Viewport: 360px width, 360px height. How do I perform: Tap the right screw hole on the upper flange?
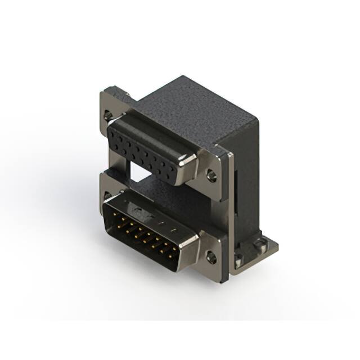[x=211, y=175]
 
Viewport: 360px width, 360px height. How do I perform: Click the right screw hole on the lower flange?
[x=211, y=258]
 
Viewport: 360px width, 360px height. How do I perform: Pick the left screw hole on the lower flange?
[x=107, y=197]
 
